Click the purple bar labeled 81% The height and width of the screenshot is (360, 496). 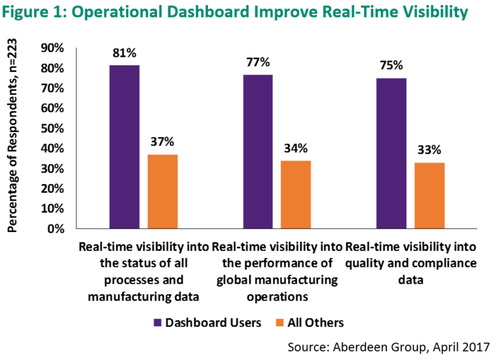(125, 147)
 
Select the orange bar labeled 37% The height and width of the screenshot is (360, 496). (162, 191)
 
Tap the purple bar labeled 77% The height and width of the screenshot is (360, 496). (258, 151)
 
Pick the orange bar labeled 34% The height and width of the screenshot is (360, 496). (296, 194)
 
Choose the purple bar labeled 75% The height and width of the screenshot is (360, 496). (391, 153)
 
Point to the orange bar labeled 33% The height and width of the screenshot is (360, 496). (429, 195)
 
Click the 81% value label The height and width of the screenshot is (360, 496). (125, 54)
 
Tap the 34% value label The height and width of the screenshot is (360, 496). (296, 148)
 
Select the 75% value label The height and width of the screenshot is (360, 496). (391, 65)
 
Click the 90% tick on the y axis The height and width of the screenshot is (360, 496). (52, 48)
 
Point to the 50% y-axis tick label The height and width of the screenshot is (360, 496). (52, 128)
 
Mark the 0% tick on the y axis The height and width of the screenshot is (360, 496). (54, 229)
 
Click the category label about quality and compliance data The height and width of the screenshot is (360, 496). (411, 264)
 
